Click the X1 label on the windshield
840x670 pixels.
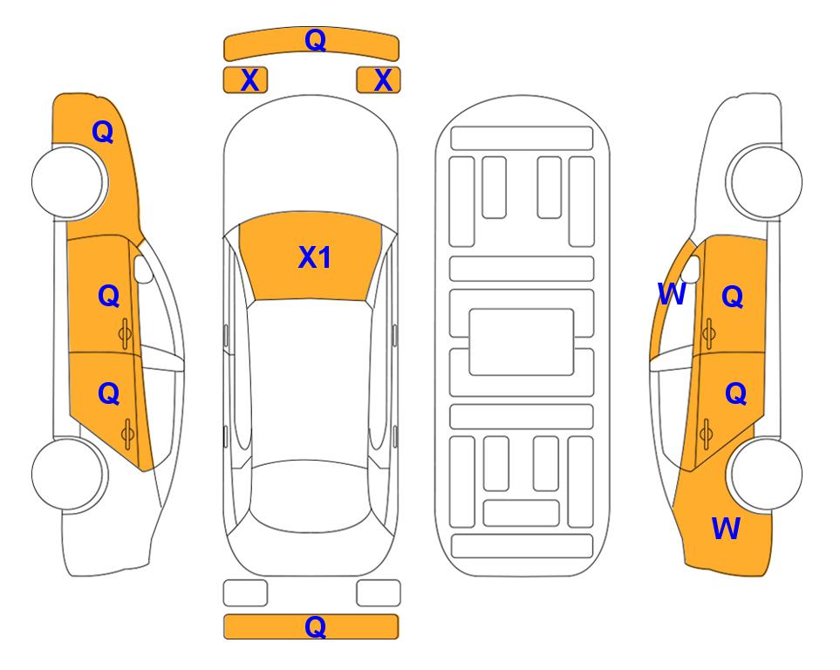click(x=315, y=257)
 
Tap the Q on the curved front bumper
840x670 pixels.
click(x=315, y=39)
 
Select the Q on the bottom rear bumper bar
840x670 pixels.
click(x=315, y=626)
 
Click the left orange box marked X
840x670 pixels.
click(x=245, y=80)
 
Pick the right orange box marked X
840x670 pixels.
click(x=379, y=80)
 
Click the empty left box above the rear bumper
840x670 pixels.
click(x=245, y=593)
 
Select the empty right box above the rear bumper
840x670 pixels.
click(x=379, y=593)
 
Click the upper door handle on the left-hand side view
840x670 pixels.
click(x=125, y=334)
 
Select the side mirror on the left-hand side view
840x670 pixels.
click(x=144, y=269)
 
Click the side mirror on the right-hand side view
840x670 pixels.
click(x=691, y=269)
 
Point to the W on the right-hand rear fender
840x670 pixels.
click(x=726, y=529)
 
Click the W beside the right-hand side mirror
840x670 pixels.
click(x=672, y=294)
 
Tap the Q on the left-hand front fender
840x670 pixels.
click(x=103, y=132)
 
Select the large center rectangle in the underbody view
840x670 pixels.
click(x=522, y=342)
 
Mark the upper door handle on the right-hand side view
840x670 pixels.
click(x=709, y=333)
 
